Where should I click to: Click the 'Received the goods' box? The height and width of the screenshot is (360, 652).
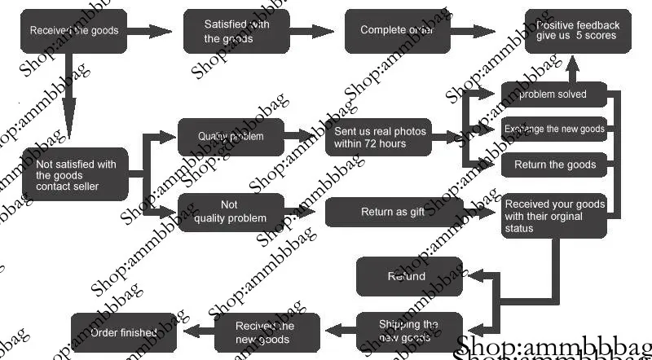coord(74,31)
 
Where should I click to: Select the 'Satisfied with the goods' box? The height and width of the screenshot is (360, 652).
coord(236,31)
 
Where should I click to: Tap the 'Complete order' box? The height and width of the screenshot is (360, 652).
coord(397,31)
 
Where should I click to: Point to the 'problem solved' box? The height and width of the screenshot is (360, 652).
coord(554,94)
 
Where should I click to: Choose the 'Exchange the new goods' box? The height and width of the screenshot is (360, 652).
coord(554,130)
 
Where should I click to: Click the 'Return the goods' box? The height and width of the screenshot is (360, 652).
coord(554,165)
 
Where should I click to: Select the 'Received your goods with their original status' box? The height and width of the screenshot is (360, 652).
coord(554,216)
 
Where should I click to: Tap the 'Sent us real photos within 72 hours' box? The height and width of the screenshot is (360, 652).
coord(379,138)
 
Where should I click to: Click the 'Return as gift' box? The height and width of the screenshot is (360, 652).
coord(394,213)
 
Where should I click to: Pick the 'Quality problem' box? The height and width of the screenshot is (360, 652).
coord(231,137)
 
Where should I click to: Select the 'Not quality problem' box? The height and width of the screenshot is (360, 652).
coord(231,212)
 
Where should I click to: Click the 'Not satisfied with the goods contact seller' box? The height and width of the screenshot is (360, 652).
coord(76,175)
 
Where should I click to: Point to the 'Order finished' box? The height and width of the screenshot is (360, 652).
coord(124,332)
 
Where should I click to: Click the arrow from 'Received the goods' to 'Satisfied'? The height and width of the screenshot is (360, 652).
coord(151,32)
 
